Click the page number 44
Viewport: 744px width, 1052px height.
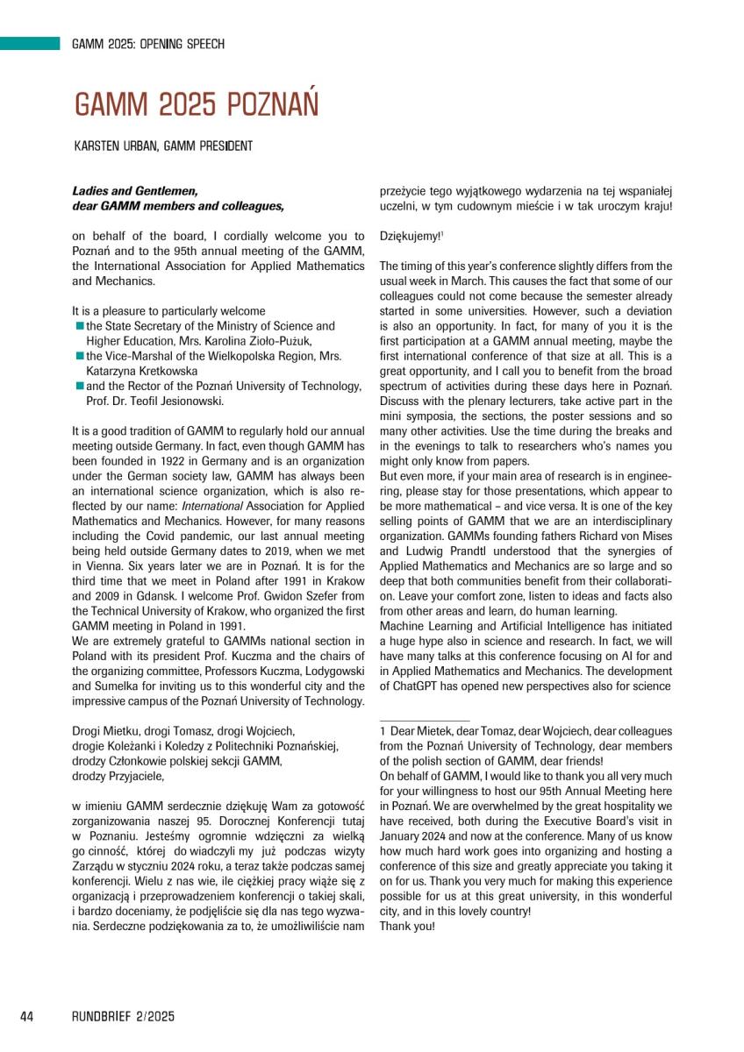point(26,1016)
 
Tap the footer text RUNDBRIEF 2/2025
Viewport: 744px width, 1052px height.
point(124,1016)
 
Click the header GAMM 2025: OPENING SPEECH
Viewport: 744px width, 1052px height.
point(148,44)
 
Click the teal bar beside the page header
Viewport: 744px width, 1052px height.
point(29,44)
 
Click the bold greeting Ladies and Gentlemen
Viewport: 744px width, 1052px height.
point(135,191)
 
